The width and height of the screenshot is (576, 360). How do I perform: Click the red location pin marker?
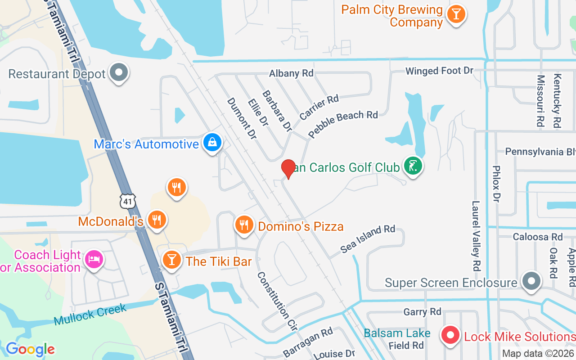(288, 169)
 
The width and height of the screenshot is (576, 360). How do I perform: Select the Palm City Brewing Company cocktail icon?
(456, 14)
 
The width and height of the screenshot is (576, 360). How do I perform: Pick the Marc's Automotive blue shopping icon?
(212, 143)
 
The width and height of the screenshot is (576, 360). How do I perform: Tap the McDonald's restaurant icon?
(157, 220)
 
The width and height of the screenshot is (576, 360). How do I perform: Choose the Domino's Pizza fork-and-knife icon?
(244, 225)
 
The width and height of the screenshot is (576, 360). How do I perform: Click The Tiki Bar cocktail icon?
(171, 260)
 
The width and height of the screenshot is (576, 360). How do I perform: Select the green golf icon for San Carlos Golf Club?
(413, 166)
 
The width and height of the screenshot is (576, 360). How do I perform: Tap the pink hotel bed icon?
(94, 260)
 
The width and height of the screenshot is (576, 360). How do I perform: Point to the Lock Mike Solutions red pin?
(450, 335)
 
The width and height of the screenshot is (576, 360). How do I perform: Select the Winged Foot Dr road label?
(439, 71)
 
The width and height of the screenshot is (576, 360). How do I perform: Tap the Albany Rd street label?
(291, 73)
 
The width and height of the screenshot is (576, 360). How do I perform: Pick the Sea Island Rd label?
(368, 239)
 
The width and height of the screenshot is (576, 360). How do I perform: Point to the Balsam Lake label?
(397, 333)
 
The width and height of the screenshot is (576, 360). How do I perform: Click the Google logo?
(30, 349)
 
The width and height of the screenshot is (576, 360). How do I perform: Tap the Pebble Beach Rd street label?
(343, 124)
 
